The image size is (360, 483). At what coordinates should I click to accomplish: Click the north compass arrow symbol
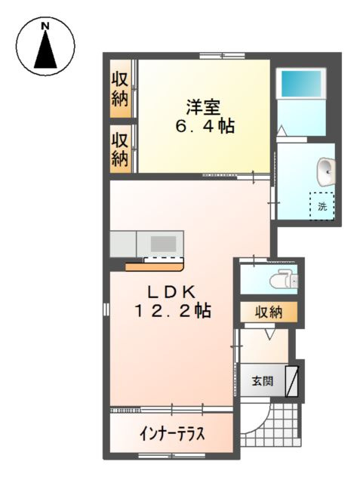point(45,51)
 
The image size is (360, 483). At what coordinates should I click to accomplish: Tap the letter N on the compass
point(45,27)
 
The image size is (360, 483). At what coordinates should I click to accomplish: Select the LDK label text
point(171,291)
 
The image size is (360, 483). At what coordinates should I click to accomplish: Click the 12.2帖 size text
point(172,309)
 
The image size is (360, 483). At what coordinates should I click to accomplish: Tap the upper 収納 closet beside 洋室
point(120,89)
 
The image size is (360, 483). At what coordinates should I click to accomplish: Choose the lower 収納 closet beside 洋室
point(120,149)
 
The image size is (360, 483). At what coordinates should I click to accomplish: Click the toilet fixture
point(285,280)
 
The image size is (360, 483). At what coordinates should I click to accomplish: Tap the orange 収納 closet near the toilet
point(268,312)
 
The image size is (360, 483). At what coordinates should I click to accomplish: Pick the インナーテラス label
point(173,435)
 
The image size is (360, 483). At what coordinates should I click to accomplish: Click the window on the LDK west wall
point(106,310)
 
